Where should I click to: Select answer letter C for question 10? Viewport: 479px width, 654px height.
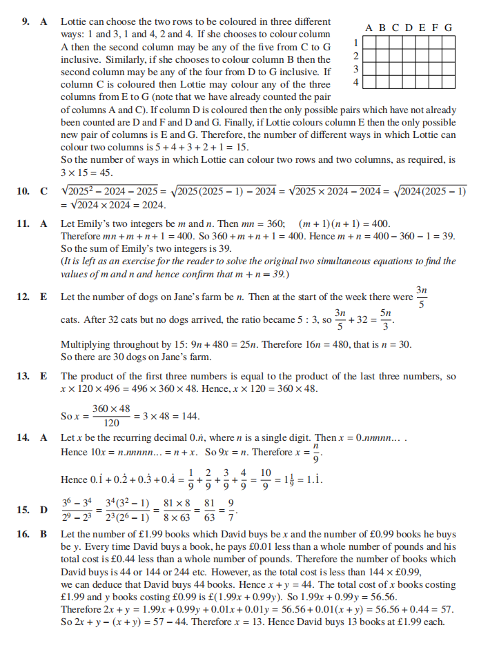[x=43, y=191]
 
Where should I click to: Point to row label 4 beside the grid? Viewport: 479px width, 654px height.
[x=355, y=82]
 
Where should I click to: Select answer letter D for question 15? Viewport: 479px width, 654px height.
[x=43, y=510]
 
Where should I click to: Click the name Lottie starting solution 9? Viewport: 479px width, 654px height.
[x=75, y=22]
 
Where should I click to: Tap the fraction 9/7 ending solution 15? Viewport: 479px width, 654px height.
[x=233, y=510]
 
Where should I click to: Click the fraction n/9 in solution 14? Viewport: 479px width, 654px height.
[x=317, y=453]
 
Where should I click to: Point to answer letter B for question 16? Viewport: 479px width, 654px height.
[x=43, y=534]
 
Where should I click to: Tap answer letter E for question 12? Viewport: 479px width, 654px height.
[x=43, y=297]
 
